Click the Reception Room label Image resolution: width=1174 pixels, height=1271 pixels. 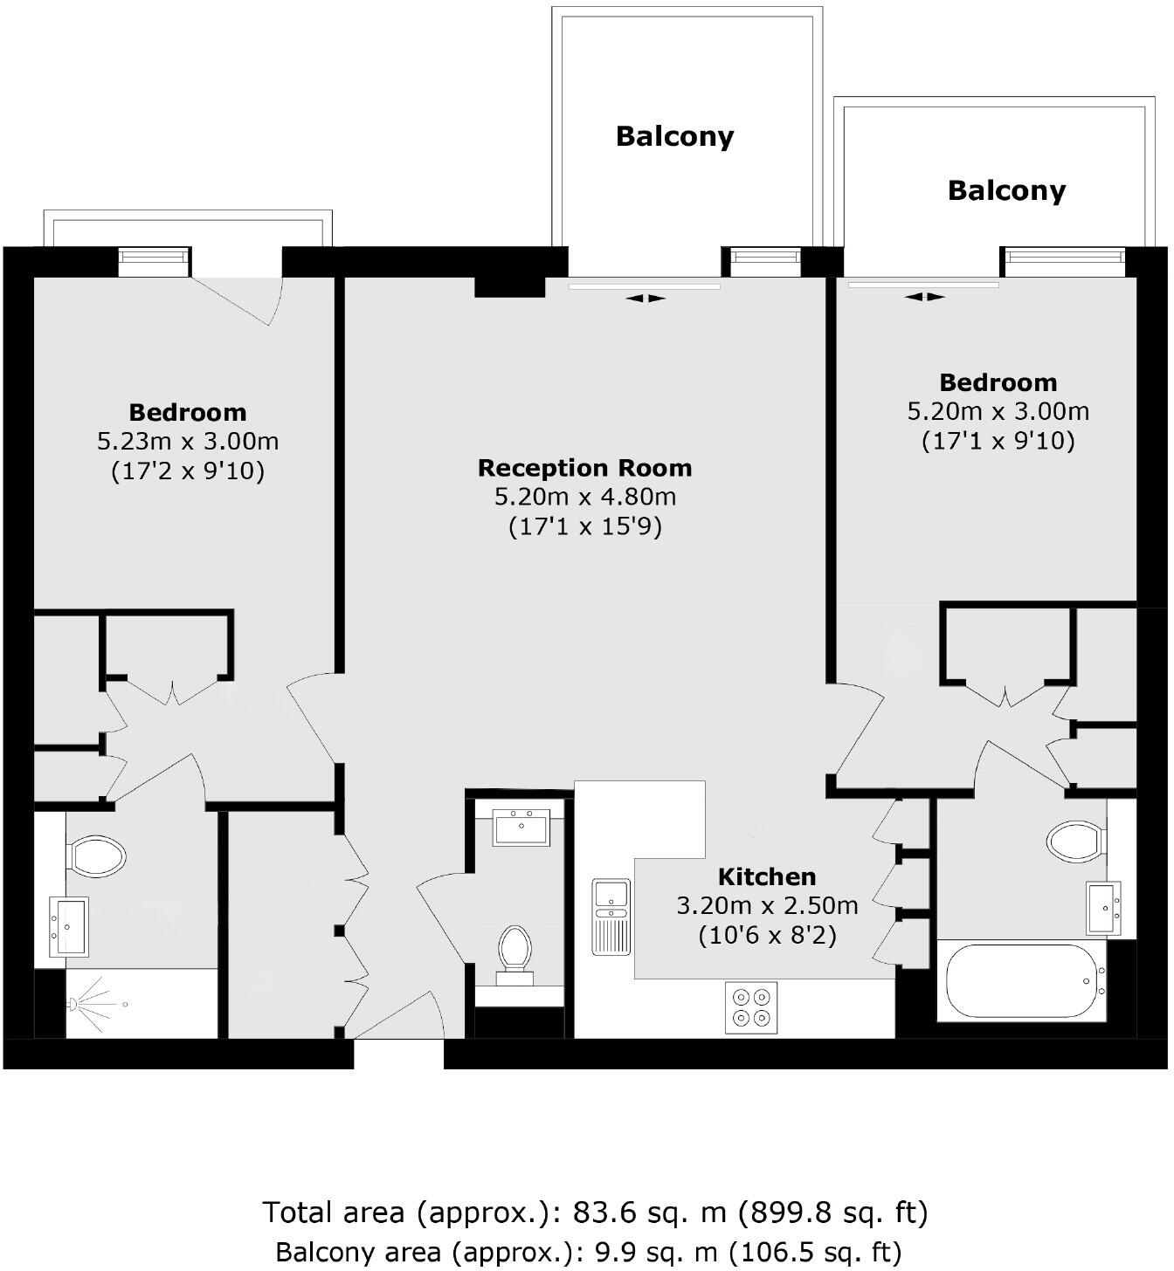[x=584, y=468]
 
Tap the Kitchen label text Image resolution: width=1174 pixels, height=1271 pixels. [x=767, y=876]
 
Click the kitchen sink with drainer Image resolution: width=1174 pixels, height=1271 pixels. [x=611, y=916]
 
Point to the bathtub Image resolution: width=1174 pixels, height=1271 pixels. [x=1021, y=981]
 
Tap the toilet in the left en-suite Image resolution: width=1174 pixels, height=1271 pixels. [x=96, y=856]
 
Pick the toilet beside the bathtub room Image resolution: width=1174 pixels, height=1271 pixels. [x=1075, y=841]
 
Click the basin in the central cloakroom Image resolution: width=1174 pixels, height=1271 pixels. [x=521, y=827]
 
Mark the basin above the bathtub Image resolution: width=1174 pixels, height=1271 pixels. [x=1103, y=908]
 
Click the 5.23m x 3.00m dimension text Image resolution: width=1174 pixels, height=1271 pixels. [x=188, y=442]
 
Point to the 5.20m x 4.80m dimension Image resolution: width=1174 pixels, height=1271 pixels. [x=584, y=498]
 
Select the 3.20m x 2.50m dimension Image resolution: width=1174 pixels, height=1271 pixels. [x=767, y=906]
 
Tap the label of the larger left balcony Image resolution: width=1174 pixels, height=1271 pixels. [x=674, y=136]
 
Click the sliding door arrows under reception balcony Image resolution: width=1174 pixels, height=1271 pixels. [x=646, y=299]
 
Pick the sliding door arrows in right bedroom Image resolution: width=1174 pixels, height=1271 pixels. [x=924, y=297]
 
